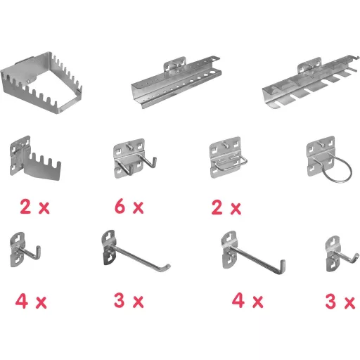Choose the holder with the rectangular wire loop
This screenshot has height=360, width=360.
tap(226, 157)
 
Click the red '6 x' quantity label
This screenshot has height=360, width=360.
tap(129, 206)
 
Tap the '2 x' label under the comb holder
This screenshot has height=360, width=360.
tap(34, 207)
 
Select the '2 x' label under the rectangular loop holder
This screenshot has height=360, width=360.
tap(226, 207)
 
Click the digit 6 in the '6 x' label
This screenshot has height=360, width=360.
tap(120, 206)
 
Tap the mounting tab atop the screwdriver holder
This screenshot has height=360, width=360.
tap(309, 65)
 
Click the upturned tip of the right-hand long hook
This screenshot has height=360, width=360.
tap(283, 265)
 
